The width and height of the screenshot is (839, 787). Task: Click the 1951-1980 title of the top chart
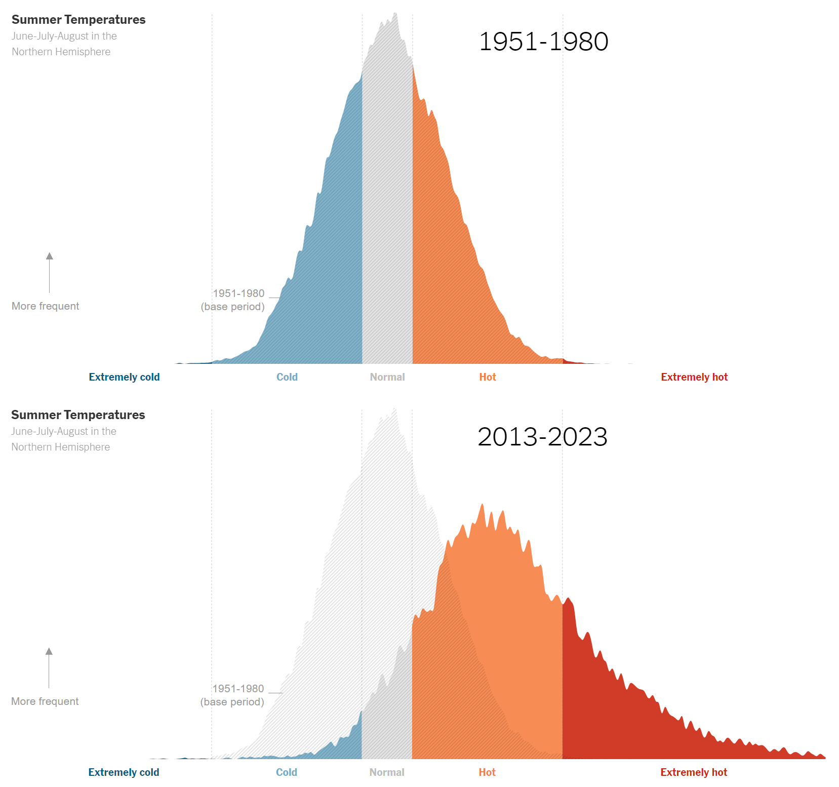(x=543, y=42)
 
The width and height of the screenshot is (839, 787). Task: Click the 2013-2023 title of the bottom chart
(x=542, y=437)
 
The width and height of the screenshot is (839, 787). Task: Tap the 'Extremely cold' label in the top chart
(x=124, y=377)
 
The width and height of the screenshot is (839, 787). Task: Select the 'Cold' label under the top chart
(x=287, y=377)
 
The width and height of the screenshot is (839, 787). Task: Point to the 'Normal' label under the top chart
(x=387, y=377)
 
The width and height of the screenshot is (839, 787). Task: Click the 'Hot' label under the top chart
(x=488, y=377)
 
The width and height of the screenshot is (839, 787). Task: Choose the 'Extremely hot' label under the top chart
(x=694, y=377)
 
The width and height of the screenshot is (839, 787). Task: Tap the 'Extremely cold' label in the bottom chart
(x=124, y=772)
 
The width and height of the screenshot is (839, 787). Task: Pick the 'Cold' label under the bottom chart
(x=286, y=772)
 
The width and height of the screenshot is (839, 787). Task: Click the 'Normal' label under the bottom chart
(x=387, y=772)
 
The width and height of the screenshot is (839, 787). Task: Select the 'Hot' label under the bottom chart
(x=487, y=772)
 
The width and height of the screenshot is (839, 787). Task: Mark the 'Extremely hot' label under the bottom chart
(x=694, y=772)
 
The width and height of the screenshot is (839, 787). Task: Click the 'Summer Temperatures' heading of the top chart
(x=78, y=20)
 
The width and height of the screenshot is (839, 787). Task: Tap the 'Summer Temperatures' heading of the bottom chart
(x=78, y=415)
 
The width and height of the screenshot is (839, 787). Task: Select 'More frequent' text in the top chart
(x=45, y=306)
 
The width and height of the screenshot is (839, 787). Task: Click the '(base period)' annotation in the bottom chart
(x=232, y=702)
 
